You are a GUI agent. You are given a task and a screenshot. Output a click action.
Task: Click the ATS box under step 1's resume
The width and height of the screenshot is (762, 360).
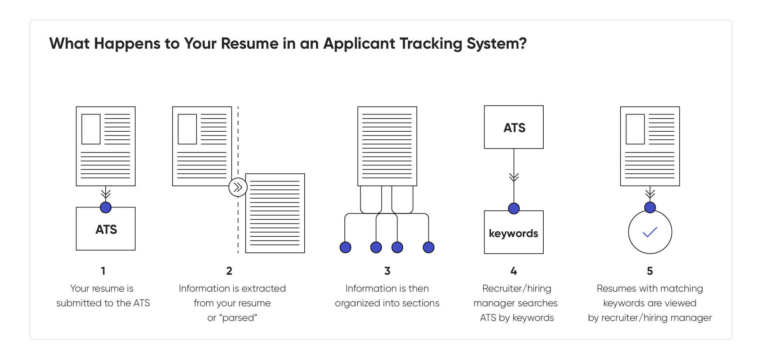[x=106, y=229]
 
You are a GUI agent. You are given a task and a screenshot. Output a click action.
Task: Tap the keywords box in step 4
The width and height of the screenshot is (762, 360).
[x=513, y=233]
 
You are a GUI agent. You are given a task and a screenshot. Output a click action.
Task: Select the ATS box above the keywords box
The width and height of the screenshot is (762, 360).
[x=513, y=127]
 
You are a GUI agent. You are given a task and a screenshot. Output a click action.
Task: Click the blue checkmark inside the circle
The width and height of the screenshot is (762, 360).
[x=650, y=232]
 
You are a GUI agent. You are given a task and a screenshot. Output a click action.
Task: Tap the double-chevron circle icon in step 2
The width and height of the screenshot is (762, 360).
[x=238, y=187]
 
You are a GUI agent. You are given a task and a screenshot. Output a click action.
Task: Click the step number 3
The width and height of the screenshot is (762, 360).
[x=387, y=271]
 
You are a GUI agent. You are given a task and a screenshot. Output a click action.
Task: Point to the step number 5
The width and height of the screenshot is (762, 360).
[x=650, y=271]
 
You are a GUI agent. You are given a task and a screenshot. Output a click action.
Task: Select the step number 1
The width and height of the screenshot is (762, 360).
[x=103, y=271]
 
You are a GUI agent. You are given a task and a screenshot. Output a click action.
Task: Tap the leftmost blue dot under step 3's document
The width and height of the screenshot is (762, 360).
[x=345, y=247]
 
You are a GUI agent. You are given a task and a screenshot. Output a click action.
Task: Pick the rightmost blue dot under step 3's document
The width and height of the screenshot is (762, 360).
[x=429, y=247]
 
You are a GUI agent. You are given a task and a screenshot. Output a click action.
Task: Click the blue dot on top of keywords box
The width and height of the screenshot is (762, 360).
[x=514, y=209]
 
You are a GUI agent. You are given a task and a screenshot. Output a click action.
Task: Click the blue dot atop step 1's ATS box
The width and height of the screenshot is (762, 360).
[x=106, y=207]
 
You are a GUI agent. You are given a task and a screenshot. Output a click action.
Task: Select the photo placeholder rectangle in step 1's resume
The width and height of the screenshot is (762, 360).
[x=91, y=129]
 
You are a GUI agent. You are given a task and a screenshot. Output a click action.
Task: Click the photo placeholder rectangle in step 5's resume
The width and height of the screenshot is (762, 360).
[x=635, y=129]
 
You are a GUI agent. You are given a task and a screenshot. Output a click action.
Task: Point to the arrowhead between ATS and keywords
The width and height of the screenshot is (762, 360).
[x=514, y=178]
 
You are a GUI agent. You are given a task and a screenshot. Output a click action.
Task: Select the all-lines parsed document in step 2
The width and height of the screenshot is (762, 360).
[x=275, y=213]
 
